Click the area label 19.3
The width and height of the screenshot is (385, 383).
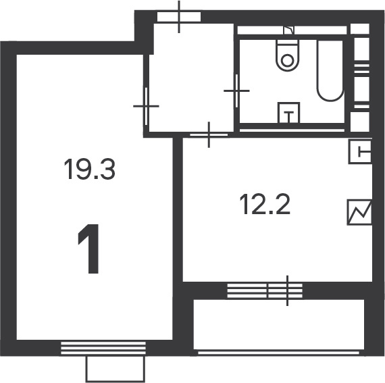[x=89, y=169]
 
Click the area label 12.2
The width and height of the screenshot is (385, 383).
[x=265, y=204]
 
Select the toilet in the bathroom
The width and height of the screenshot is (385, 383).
[x=288, y=55]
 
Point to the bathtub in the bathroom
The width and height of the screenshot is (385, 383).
[x=330, y=71]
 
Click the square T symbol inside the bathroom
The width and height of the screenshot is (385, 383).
[x=289, y=113]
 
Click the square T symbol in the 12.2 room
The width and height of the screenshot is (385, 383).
[x=360, y=151]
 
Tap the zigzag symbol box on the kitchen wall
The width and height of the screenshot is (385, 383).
[x=359, y=212]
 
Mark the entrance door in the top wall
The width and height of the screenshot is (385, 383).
[x=179, y=17]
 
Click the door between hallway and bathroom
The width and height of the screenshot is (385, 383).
[x=236, y=91]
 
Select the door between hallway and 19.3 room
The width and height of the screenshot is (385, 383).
[x=147, y=106]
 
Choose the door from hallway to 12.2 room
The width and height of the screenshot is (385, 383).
[x=209, y=135]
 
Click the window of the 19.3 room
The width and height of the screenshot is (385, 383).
[x=103, y=348]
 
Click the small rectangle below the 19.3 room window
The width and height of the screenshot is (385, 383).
[x=115, y=369]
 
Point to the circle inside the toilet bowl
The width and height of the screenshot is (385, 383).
[x=287, y=60]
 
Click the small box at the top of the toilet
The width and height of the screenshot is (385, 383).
[x=289, y=30]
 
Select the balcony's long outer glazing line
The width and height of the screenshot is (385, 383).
[x=278, y=353]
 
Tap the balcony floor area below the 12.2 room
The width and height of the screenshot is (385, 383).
[x=279, y=324]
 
